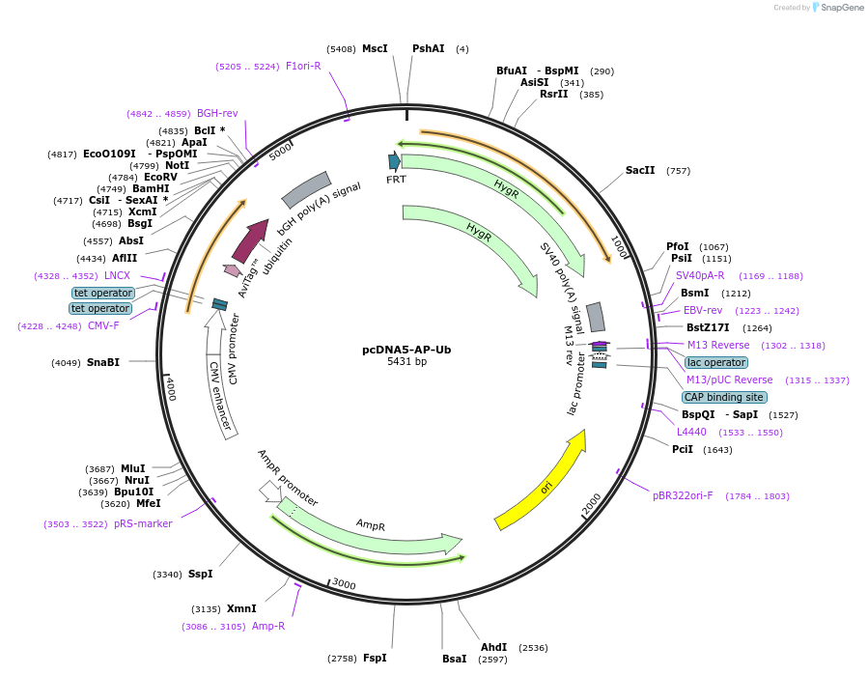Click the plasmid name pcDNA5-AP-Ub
[x=406, y=350]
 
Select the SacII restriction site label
[x=640, y=170]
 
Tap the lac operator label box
[x=715, y=362]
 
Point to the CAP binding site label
[x=724, y=397]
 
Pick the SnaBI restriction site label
[x=103, y=362]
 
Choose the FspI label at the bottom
[x=375, y=658]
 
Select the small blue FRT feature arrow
[x=394, y=161]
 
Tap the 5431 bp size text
[x=406, y=362]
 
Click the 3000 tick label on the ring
[x=344, y=585]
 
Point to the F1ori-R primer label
[x=303, y=66]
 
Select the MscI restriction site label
[x=375, y=48]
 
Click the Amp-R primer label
[x=267, y=626]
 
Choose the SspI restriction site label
[x=200, y=574]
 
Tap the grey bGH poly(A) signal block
[x=306, y=190]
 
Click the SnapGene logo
[x=836, y=8]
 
